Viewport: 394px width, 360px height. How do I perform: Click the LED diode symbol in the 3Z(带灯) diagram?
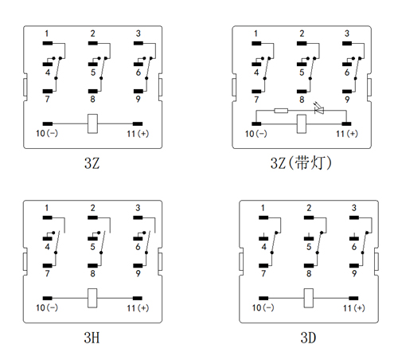point(318,109)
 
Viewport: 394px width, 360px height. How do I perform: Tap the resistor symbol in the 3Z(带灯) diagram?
point(281,111)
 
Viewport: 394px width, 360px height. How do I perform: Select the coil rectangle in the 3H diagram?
point(92,298)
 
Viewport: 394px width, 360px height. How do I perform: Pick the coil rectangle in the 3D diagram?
point(309,298)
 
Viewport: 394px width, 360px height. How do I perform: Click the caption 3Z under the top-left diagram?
point(92,162)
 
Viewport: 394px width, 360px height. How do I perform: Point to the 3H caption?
point(92,338)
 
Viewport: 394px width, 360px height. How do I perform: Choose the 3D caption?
point(308,338)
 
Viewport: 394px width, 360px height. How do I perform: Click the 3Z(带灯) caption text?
point(301,162)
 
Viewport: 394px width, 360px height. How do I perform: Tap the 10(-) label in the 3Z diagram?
point(47,133)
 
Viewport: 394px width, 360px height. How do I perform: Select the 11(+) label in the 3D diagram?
point(354,307)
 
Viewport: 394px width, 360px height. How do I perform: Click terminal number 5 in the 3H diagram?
point(92,247)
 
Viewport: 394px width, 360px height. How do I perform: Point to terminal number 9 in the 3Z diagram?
point(138,99)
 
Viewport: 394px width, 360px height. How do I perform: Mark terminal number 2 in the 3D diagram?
point(309,208)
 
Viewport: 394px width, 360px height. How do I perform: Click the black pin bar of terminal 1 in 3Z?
point(48,43)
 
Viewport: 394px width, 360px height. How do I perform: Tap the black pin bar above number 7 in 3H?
point(48,265)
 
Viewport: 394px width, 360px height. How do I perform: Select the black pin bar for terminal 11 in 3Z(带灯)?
point(346,123)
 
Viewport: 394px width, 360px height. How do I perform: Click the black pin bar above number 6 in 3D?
point(354,238)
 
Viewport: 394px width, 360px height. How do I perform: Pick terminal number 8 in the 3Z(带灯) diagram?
point(302,100)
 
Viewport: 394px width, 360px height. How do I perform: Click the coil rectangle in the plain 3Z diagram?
point(92,123)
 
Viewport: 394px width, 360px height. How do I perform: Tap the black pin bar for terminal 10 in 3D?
point(263,298)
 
